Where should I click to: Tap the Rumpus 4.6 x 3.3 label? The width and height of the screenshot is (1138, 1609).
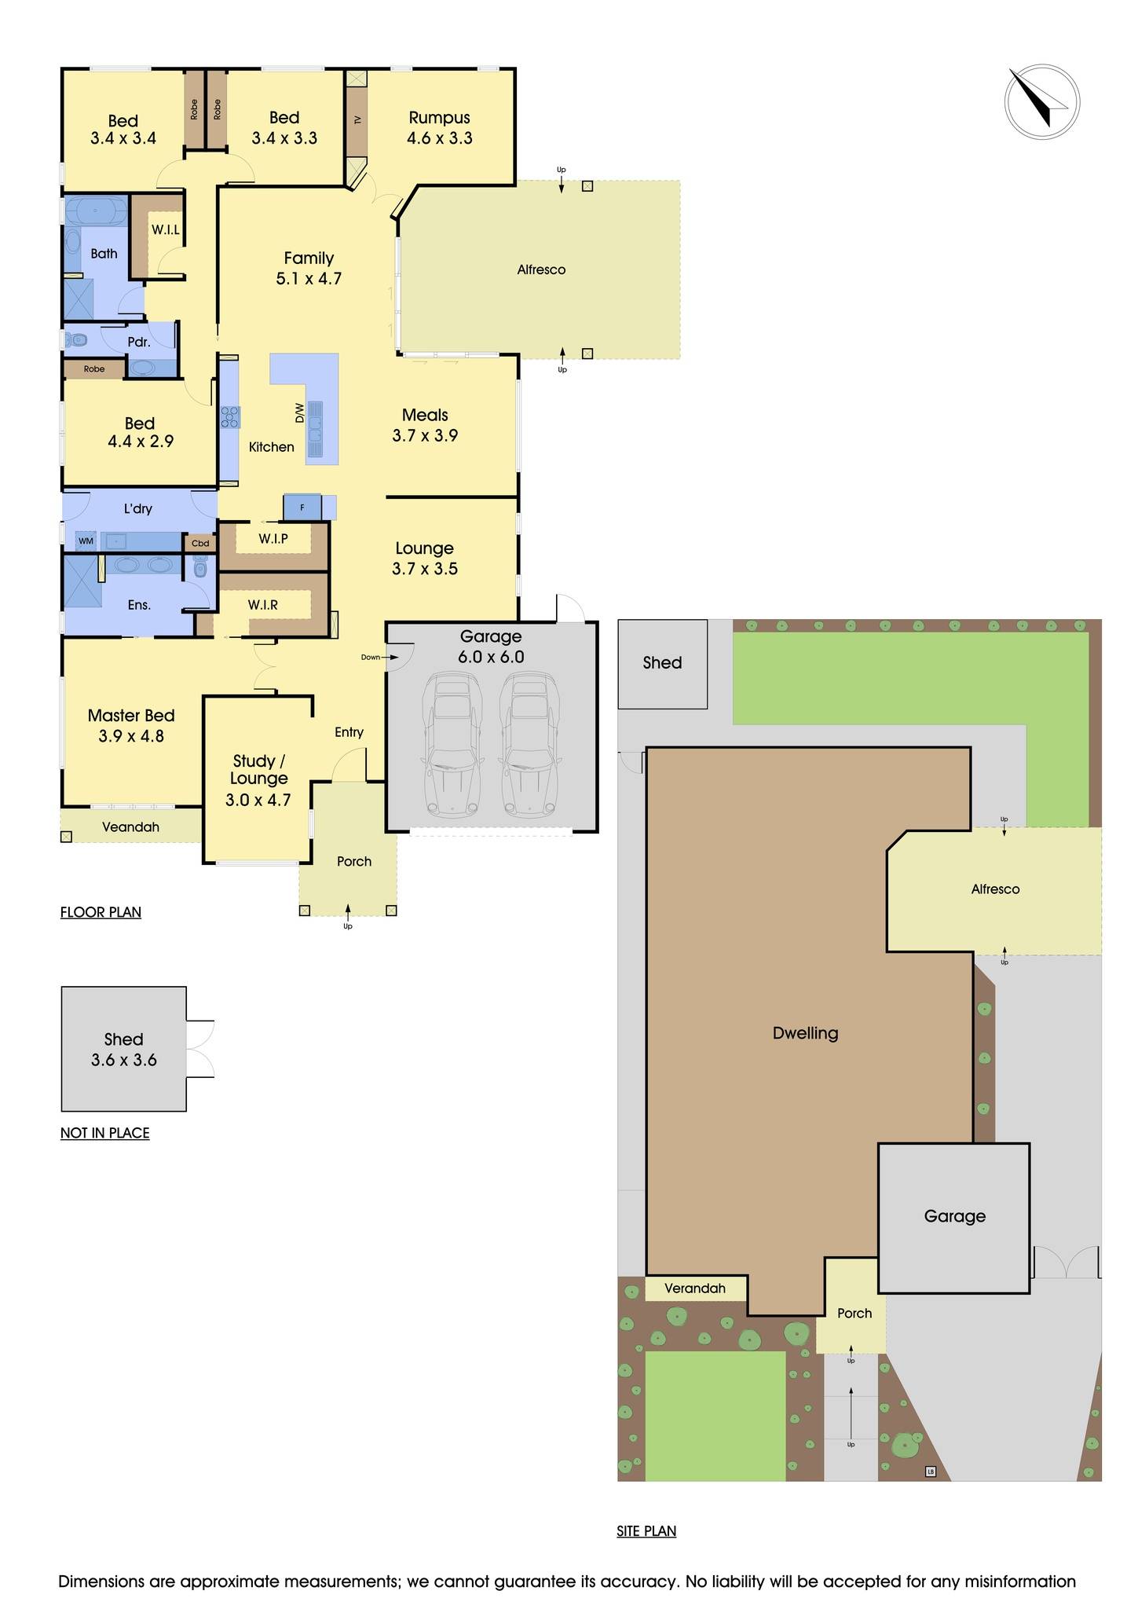click(x=439, y=128)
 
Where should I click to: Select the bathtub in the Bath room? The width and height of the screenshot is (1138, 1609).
click(x=95, y=212)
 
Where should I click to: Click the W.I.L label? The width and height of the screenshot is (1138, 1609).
click(x=166, y=230)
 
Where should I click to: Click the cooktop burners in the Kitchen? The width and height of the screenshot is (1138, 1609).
click(x=229, y=417)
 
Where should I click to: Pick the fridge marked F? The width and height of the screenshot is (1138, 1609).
click(x=302, y=508)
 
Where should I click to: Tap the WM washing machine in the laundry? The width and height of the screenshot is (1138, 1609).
click(x=86, y=541)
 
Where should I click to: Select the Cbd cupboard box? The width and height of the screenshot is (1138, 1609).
click(x=200, y=543)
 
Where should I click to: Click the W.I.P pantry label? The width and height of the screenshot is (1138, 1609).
click(x=273, y=539)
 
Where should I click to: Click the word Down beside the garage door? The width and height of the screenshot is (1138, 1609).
click(x=370, y=658)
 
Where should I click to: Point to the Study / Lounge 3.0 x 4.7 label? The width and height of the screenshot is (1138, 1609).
click(x=258, y=780)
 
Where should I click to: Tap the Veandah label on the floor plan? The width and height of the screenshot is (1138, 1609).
click(x=130, y=827)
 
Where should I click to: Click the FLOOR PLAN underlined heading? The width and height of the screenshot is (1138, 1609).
click(x=101, y=912)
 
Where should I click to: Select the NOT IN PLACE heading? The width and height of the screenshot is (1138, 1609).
click(x=104, y=1133)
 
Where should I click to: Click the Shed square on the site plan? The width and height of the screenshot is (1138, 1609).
click(x=662, y=664)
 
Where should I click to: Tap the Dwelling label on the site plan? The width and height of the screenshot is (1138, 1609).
click(x=805, y=1033)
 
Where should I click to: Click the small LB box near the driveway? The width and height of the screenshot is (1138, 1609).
click(x=931, y=1472)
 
